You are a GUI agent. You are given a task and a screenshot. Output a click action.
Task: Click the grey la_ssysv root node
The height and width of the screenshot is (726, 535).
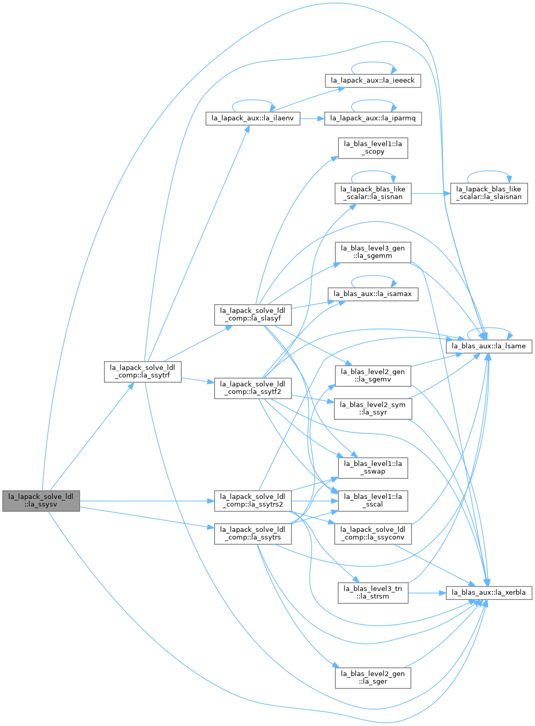(x=41, y=501)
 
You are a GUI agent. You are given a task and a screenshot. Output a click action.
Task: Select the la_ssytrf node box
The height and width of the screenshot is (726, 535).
(x=143, y=372)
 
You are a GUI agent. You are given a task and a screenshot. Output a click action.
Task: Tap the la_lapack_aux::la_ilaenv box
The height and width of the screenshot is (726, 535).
(x=253, y=118)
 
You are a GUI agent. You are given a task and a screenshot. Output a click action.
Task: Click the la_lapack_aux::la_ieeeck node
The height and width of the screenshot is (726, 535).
(x=373, y=81)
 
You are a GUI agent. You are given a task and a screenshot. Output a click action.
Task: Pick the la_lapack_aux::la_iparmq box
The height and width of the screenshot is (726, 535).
(x=373, y=118)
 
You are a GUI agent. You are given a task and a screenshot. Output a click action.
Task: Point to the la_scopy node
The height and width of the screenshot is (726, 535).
(x=373, y=148)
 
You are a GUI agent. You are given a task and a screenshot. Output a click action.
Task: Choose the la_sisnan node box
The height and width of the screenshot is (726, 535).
(x=373, y=194)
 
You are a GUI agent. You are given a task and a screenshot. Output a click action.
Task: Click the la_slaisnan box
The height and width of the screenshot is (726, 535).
(x=489, y=194)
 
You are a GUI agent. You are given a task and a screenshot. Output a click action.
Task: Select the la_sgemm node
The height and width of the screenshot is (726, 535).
(x=373, y=252)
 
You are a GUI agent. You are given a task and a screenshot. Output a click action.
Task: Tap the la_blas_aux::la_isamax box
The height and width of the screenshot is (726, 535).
(x=373, y=295)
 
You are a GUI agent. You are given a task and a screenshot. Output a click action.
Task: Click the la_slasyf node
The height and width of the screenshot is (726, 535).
(x=253, y=315)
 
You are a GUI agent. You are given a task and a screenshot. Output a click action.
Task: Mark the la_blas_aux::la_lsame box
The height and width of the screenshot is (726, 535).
(x=489, y=347)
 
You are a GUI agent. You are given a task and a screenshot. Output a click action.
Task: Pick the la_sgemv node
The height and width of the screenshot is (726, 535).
(x=373, y=376)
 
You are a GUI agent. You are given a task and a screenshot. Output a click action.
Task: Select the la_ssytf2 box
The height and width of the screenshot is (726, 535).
(x=253, y=388)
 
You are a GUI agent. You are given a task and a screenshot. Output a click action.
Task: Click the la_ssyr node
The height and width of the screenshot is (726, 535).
(x=373, y=409)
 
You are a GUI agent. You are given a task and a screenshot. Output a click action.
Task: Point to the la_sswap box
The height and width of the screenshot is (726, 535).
(x=373, y=468)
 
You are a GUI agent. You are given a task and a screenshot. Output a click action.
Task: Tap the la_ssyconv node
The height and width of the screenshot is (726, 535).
(x=373, y=534)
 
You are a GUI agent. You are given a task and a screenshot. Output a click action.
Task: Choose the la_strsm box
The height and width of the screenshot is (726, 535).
(x=373, y=593)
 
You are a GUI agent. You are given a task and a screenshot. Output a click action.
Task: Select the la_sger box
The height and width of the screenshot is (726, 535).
(x=373, y=678)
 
